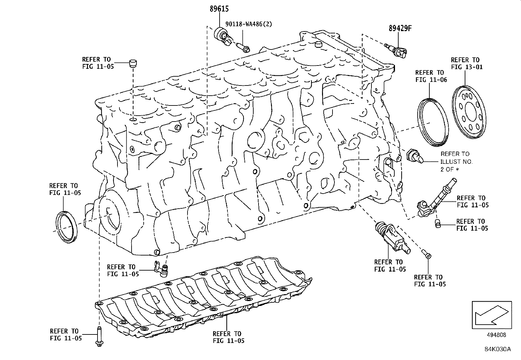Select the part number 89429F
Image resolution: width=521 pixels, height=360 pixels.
click(400, 28)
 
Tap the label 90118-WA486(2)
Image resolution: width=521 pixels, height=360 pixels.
click(248, 24)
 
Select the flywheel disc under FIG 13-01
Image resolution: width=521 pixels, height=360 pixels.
click(468, 113)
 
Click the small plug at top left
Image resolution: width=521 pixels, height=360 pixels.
click(133, 63)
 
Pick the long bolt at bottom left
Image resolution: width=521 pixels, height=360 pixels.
click(99, 336)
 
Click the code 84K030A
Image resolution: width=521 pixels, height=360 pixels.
click(497, 349)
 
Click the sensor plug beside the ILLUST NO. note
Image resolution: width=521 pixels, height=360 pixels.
click(415, 156)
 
